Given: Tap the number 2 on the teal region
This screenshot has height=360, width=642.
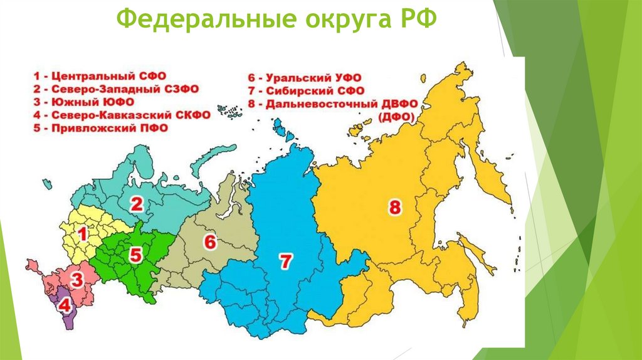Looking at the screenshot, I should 136,203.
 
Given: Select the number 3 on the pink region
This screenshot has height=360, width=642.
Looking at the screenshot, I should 76,280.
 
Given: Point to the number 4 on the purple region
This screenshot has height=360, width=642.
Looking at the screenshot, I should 64,307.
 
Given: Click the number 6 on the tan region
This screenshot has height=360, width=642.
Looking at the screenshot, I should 209,241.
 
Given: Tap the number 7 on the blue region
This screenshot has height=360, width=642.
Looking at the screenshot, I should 286,262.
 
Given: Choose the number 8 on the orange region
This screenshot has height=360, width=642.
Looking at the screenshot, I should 394,208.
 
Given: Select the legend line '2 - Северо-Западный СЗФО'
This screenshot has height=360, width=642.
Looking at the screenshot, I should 116,89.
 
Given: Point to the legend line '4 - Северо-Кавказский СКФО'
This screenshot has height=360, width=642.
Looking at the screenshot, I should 122,115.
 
